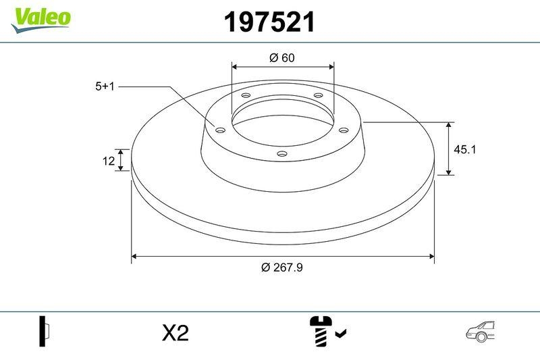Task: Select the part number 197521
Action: [269, 23]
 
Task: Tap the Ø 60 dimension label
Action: [282, 58]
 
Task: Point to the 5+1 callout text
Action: [106, 86]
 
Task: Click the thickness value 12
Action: [107, 160]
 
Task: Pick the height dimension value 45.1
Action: [465, 149]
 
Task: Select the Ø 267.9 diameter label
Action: [282, 267]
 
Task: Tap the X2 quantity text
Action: [175, 333]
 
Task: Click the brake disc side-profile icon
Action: [45, 332]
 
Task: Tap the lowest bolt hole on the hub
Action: [282, 155]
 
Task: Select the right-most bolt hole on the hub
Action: [343, 130]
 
